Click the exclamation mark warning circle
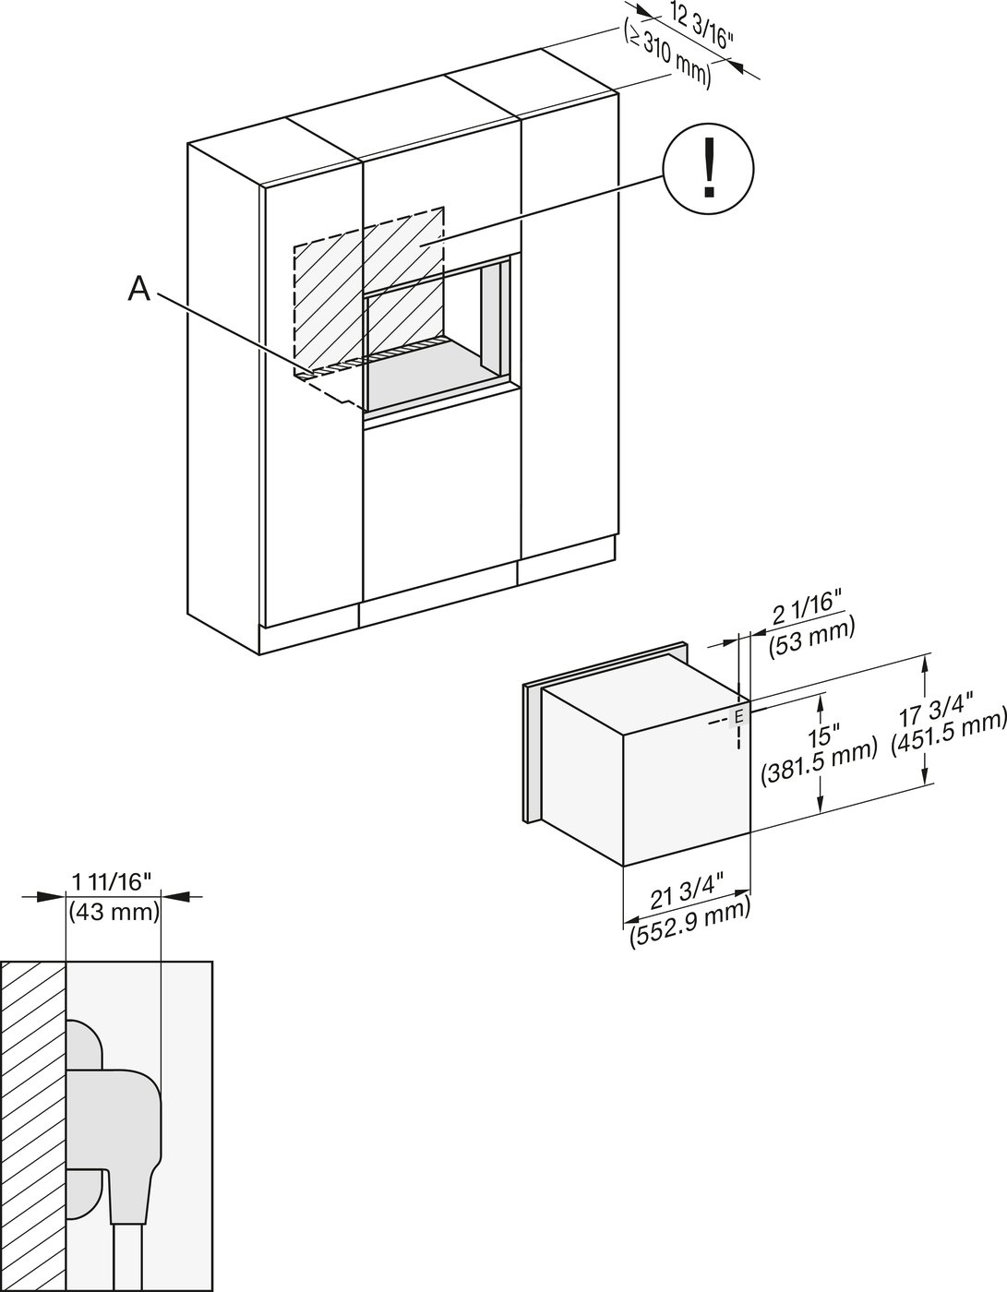709,167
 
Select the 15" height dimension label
820,738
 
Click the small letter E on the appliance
738,717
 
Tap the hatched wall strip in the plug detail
33,1126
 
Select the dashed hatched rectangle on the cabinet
369,277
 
